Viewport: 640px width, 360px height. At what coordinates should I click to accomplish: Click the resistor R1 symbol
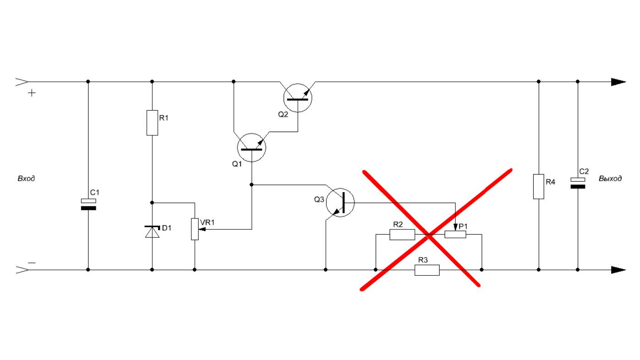point(152,122)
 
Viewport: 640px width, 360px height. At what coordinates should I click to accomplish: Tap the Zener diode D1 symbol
point(152,232)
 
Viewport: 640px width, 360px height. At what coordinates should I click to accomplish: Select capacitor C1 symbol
point(88,205)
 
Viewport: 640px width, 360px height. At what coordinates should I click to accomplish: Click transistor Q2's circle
point(298,98)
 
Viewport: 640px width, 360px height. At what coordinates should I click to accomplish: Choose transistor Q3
point(340,203)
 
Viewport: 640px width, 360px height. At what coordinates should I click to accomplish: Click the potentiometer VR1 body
point(195,228)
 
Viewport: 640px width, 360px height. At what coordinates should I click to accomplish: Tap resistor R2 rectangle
point(402,235)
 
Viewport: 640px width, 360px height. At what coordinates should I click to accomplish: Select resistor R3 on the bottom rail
point(427,270)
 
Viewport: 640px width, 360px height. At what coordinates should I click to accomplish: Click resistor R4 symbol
point(539,186)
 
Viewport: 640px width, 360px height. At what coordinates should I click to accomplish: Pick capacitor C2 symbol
point(578,183)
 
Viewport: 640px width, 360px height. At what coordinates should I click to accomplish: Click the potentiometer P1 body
point(455,235)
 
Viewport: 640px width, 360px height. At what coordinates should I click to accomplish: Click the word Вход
point(26,179)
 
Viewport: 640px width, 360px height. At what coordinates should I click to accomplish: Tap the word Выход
point(610,179)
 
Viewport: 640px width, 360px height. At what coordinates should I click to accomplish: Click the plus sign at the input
point(32,93)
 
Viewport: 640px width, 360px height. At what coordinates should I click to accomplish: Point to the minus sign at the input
point(32,263)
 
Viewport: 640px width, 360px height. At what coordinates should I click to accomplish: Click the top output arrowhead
point(618,82)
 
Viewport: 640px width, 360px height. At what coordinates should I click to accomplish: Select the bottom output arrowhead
point(618,270)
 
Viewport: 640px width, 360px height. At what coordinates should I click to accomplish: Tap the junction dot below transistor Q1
point(251,184)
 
